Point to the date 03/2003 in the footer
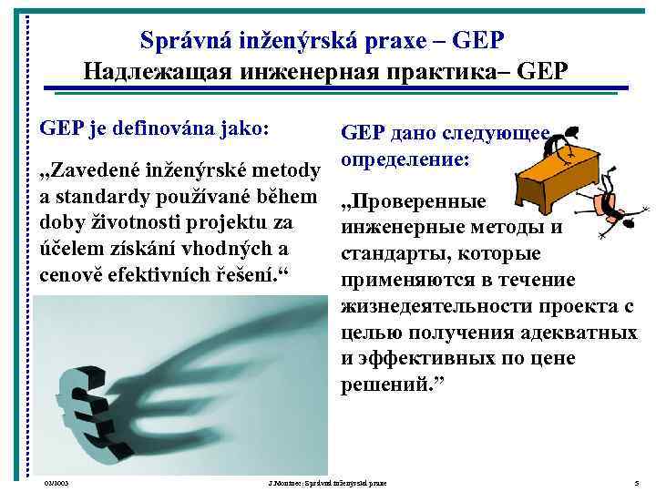click(56, 482)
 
